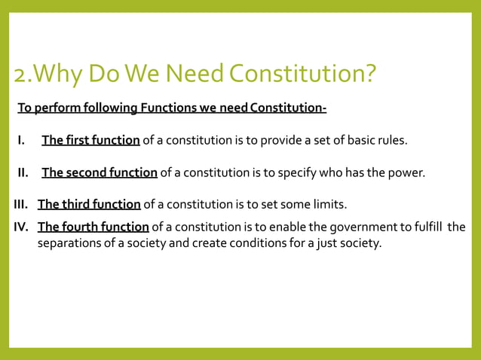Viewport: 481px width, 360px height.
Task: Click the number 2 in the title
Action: tap(20, 75)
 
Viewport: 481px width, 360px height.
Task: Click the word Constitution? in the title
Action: tap(302, 75)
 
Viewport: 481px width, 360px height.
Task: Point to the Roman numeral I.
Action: tap(22, 140)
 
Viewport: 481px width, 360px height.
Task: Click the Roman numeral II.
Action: tap(23, 172)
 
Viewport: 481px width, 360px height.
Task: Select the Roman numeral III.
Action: tap(21, 204)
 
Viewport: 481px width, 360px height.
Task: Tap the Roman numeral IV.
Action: tap(22, 227)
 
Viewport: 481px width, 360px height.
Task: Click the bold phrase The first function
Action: tap(90, 140)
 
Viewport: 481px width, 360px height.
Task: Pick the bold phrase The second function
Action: tap(100, 172)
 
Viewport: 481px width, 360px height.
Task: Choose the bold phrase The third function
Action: tap(89, 204)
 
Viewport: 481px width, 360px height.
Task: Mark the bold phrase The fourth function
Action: tap(93, 227)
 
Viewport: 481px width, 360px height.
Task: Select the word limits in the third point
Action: tap(330, 204)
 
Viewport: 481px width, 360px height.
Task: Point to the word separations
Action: tap(71, 243)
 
